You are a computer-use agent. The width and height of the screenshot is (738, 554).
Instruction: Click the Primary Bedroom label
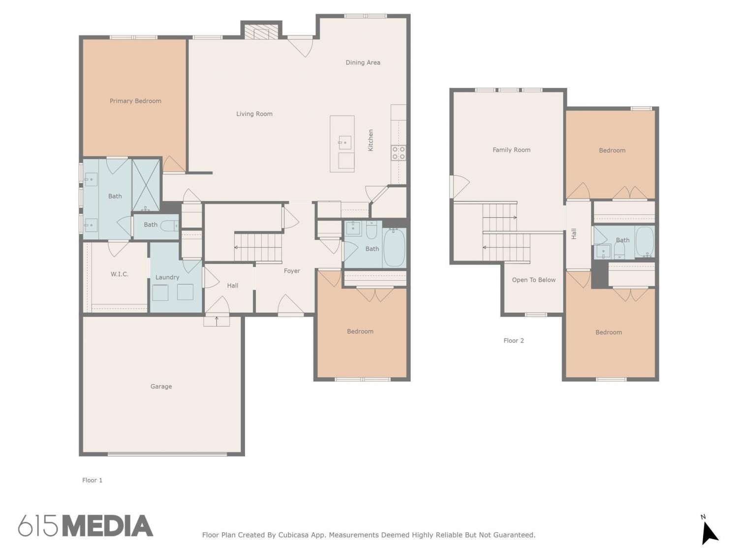[135, 101]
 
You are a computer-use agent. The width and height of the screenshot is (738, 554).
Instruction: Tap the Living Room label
[254, 114]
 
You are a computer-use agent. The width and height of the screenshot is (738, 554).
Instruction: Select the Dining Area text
[363, 62]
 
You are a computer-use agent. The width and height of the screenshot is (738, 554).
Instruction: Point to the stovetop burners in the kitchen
[399, 153]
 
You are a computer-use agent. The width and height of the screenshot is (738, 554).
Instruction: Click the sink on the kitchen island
[344, 142]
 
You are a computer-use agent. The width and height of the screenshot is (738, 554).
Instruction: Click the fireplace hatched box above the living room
[261, 33]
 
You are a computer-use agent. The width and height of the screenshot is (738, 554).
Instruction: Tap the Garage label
[161, 387]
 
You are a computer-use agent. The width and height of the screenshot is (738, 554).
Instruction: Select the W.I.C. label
[120, 274]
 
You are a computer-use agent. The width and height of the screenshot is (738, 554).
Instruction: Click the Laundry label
[167, 277]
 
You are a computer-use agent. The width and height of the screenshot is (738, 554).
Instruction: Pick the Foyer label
[292, 271]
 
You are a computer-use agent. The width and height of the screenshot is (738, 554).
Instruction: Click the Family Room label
[511, 150]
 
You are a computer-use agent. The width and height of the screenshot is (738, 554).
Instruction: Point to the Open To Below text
[534, 280]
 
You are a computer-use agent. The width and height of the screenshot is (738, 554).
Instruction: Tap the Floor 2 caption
[514, 340]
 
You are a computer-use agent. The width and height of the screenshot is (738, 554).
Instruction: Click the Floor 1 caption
[92, 480]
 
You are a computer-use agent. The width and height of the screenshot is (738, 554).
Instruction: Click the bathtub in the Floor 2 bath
[645, 242]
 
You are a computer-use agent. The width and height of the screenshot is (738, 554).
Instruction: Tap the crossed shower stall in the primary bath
[146, 185]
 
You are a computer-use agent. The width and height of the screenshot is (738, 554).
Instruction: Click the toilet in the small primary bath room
[169, 226]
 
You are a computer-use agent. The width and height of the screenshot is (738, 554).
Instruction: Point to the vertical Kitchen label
[370, 140]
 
